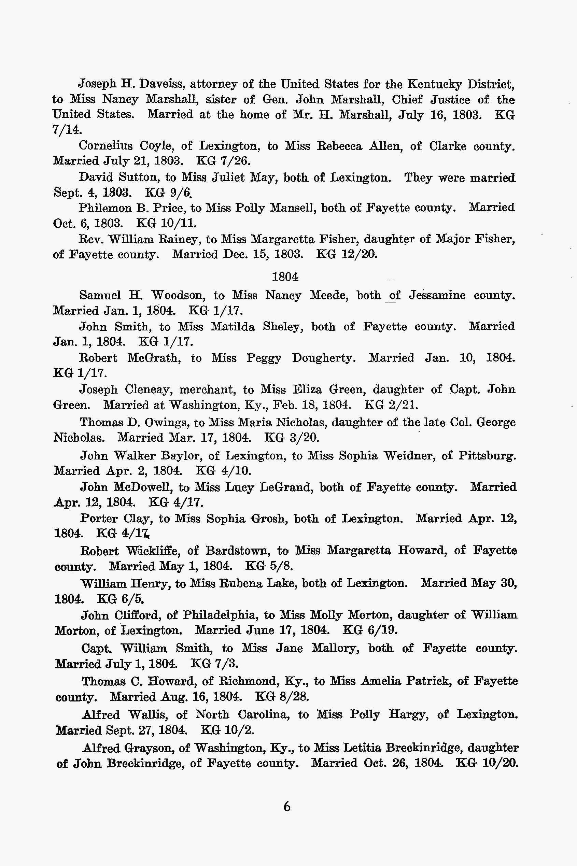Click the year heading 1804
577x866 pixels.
pyautogui.click(x=285, y=276)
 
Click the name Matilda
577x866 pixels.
pyautogui.click(x=233, y=327)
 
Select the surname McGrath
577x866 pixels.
pyautogui.click(x=154, y=358)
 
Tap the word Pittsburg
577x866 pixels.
pyautogui.click(x=487, y=456)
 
